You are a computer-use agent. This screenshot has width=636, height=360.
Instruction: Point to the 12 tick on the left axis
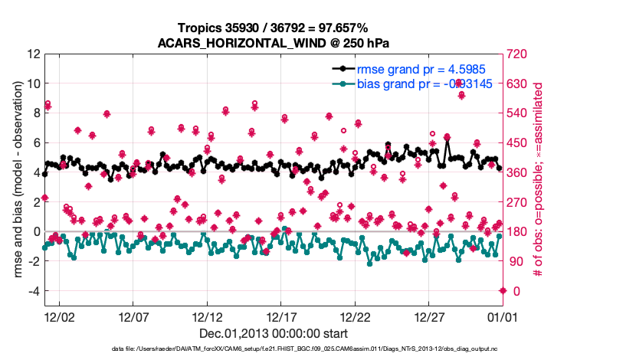pos(33,54)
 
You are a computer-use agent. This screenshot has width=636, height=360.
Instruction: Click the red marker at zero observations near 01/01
pos(503,290)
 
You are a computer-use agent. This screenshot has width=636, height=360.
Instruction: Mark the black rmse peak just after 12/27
pos(447,138)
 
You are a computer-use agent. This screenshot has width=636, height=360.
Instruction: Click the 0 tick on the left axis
pos(35,232)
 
